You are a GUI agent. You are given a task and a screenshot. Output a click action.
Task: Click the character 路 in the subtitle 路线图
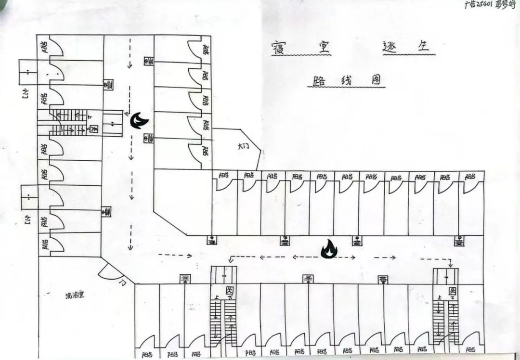[x=318, y=80]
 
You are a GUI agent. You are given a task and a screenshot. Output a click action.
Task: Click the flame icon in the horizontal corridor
[x=330, y=249]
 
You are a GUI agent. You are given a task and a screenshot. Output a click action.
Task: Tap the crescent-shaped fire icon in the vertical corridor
[x=138, y=120]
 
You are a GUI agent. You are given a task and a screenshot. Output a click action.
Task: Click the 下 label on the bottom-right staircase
[x=453, y=299]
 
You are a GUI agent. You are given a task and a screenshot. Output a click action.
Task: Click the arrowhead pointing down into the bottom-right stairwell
[x=450, y=265]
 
